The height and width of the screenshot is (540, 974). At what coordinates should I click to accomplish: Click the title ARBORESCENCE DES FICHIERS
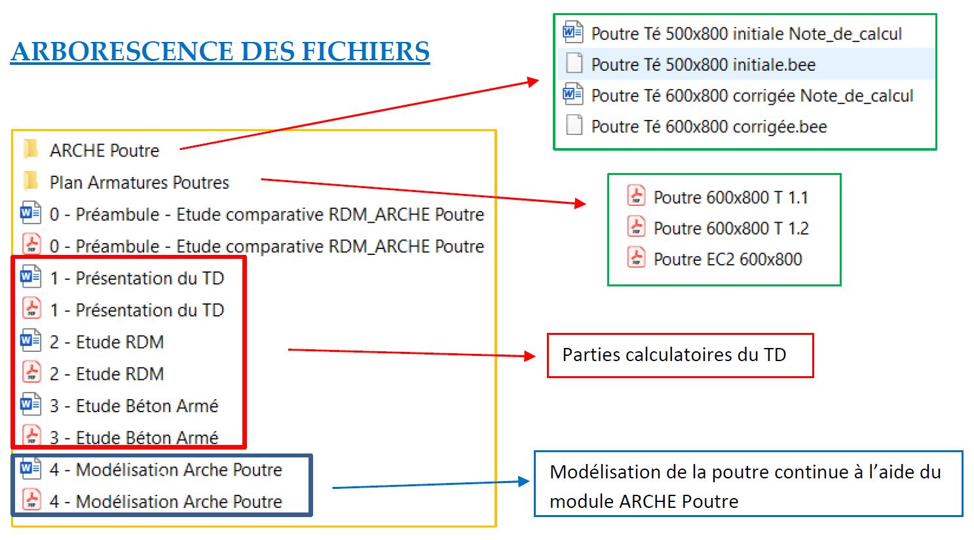(220, 51)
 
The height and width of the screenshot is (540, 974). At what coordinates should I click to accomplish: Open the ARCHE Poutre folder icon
(30, 149)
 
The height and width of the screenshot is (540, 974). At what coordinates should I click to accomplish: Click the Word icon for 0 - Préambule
(30, 213)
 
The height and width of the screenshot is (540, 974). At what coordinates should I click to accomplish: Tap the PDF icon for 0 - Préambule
(31, 245)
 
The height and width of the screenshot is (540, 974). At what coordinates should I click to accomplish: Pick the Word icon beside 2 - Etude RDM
(30, 341)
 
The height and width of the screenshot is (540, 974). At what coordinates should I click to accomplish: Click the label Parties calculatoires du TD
(674, 355)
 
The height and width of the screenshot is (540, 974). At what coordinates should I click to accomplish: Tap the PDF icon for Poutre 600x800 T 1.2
(636, 227)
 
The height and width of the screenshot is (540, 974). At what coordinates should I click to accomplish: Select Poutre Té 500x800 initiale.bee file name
(703, 65)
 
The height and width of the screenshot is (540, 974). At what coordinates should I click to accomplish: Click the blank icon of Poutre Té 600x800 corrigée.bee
(574, 125)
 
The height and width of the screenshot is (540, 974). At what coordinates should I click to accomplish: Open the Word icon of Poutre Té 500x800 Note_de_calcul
(573, 32)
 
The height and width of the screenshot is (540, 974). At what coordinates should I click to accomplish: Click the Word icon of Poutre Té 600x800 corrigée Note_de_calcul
(573, 94)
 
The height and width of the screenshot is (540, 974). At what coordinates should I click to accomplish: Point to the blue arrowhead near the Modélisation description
(523, 481)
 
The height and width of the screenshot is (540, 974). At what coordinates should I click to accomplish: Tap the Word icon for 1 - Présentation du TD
(30, 277)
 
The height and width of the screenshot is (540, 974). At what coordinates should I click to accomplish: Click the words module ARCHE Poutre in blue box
(643, 502)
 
